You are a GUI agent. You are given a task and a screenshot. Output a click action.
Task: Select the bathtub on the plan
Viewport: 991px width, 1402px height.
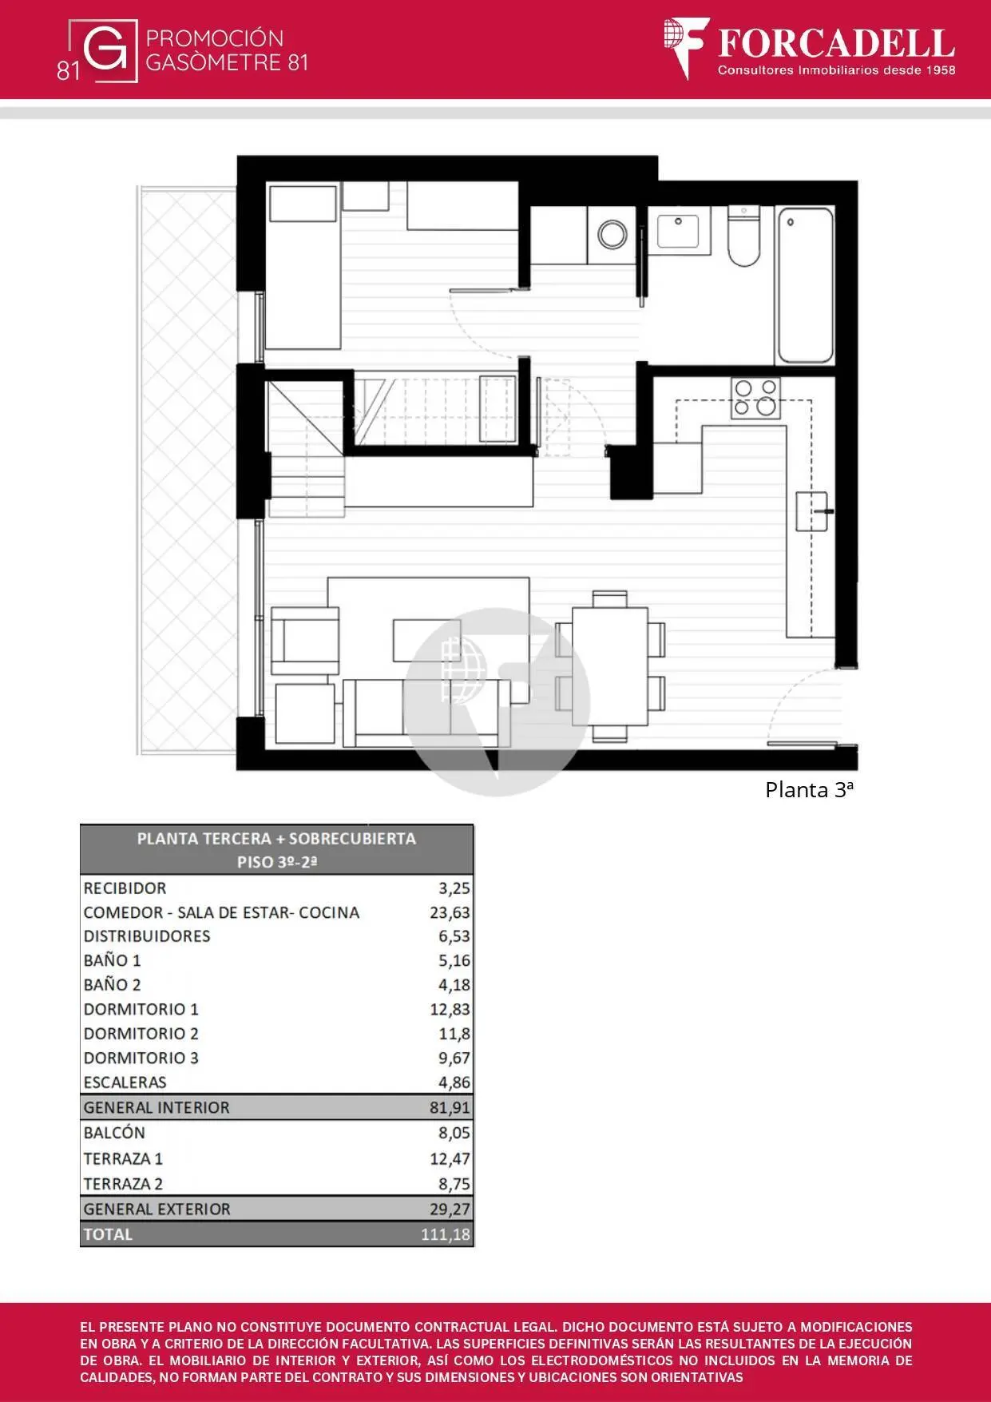pos(805,285)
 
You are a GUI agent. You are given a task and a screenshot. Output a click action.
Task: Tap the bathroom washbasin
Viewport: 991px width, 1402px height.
pos(678,230)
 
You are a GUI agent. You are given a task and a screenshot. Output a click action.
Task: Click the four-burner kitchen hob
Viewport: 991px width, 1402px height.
pos(755,398)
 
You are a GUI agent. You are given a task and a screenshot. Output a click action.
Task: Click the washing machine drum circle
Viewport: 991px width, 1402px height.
pos(612,235)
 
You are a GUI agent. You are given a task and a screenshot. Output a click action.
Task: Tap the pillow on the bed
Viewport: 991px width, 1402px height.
pos(303,204)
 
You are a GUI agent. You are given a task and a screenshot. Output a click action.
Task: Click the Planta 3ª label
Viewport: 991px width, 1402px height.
pos(809,790)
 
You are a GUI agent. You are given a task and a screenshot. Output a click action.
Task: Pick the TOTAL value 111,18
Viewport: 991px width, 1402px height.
pos(446,1234)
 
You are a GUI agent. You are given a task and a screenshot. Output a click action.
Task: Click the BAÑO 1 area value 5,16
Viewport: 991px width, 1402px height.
pos(454,960)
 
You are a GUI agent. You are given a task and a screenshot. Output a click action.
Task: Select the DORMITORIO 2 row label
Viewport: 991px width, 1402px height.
pos(141,1033)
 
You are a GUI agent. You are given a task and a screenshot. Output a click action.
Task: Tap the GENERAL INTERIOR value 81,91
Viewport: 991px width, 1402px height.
pos(450,1107)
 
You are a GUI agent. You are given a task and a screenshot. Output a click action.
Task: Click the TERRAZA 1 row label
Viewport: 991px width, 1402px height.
pos(123,1158)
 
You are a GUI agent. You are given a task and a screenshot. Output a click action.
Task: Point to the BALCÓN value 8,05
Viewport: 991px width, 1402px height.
pos(454,1133)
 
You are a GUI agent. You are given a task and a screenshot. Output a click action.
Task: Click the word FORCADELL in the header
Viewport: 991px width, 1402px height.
pos(836,43)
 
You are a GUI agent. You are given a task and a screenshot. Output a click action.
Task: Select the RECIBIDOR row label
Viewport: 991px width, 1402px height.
pos(125,888)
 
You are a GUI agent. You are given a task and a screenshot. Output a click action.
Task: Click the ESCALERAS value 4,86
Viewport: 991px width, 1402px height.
pos(454,1082)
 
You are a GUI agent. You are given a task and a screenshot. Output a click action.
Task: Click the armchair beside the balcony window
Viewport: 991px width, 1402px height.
pos(304,641)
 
